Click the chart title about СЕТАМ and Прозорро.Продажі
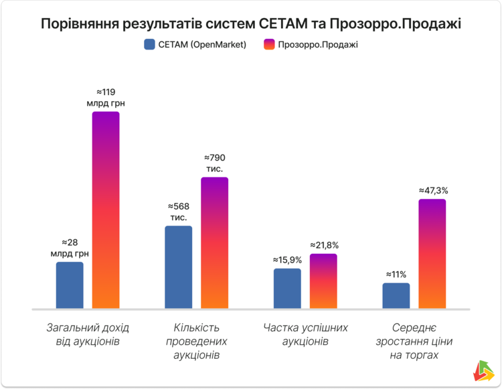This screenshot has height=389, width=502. [251, 24]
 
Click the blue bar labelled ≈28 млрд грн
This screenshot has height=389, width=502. [70, 285]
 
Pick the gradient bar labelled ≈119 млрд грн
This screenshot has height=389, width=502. [106, 210]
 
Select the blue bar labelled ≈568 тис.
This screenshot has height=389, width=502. [178, 267]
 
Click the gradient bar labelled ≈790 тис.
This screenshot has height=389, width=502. [215, 243]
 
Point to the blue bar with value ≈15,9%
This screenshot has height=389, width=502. [287, 289]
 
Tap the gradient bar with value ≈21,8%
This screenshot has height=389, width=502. [323, 281]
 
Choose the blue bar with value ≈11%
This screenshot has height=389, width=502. [396, 296]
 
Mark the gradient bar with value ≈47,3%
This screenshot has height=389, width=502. [432, 254]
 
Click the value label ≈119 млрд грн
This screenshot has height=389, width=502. [106, 97]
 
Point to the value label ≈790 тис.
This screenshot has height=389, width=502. [214, 163]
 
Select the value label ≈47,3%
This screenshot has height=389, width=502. [433, 190]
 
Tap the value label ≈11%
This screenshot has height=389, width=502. [396, 274]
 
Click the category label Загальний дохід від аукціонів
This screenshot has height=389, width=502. [88, 335]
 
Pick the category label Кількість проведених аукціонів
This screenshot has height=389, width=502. [197, 341]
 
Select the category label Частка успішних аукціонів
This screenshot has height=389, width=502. [305, 335]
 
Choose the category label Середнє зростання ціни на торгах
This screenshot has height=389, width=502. [414, 341]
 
